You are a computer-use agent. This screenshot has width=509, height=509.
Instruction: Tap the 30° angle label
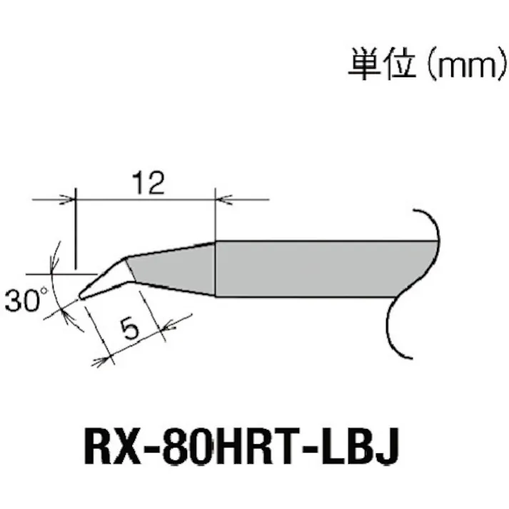click(24, 300)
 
